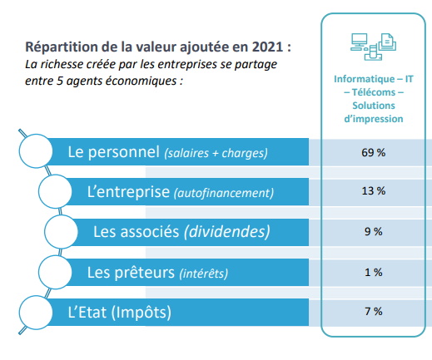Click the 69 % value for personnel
tap(373, 152)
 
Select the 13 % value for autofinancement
tap(374, 191)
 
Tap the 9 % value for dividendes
tap(374, 231)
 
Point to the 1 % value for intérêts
tap(374, 272)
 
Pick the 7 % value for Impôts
tap(374, 311)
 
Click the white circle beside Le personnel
tap(36, 151)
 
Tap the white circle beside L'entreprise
tap(55, 191)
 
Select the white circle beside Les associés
tap(62, 232)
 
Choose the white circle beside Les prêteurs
tap(55, 272)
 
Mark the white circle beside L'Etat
tap(36, 313)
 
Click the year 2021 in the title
tap(267, 47)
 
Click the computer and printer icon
tap(373, 47)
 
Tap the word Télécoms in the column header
tap(374, 92)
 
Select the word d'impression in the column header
tap(374, 119)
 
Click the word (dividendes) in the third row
tap(227, 232)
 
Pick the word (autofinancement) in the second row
tap(224, 193)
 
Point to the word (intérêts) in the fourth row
tap(204, 274)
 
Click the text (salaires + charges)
tap(216, 153)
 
